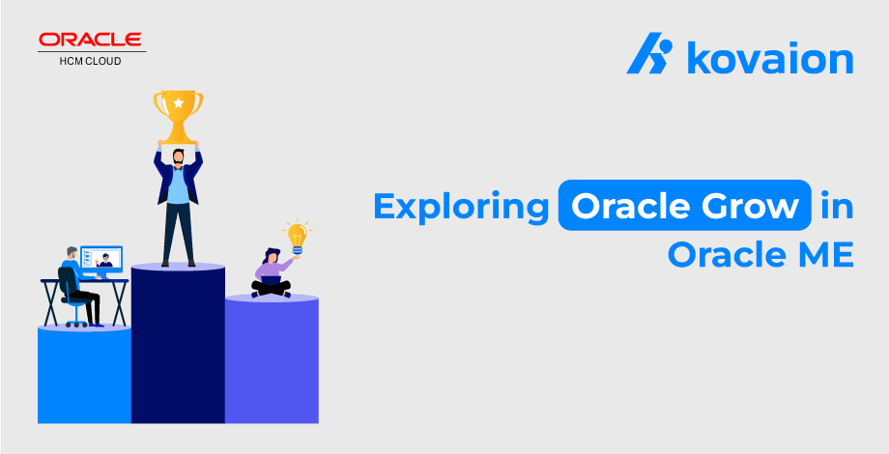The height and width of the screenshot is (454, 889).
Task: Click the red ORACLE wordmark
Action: pyautogui.click(x=90, y=40)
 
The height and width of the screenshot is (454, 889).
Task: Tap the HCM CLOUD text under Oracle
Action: pyautogui.click(x=90, y=61)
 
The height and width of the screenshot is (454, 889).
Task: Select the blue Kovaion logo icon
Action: pyautogui.click(x=649, y=53)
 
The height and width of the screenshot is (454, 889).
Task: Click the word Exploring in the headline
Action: pyautogui.click(x=462, y=208)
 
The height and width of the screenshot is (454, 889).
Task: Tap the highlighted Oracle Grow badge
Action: pyautogui.click(x=684, y=205)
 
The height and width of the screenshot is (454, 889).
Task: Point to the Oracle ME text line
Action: pyautogui.click(x=760, y=255)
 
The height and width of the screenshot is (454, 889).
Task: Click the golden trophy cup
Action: pyautogui.click(x=178, y=116)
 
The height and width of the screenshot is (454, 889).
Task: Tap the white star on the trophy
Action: pyautogui.click(x=179, y=103)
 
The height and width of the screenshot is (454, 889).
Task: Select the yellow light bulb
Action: pyautogui.click(x=296, y=237)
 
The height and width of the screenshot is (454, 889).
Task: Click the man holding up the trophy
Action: pyautogui.click(x=178, y=203)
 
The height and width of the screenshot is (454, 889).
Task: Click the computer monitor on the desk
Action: pyautogui.click(x=101, y=260)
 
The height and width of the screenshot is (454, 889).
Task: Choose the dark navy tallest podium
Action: pyautogui.click(x=178, y=344)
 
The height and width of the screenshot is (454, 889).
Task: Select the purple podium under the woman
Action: pyautogui.click(x=272, y=358)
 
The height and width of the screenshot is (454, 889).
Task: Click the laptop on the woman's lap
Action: pyautogui.click(x=271, y=281)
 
